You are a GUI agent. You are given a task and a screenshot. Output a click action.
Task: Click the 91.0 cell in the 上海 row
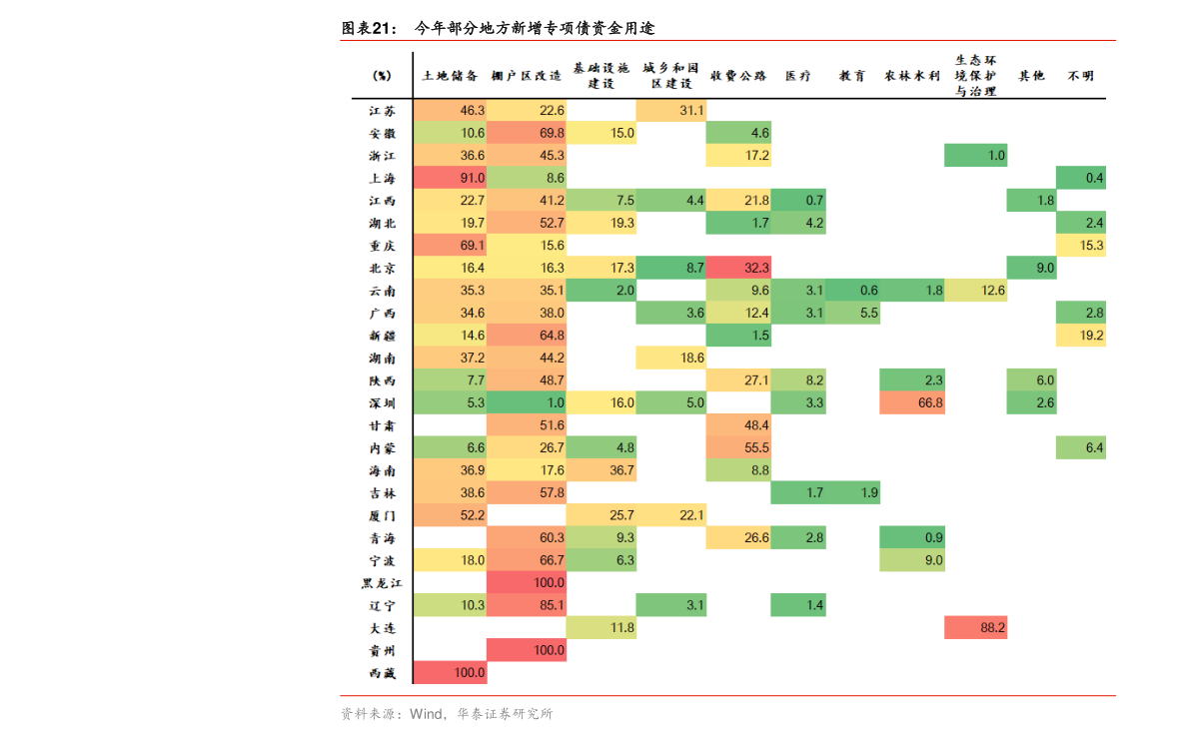click(x=450, y=178)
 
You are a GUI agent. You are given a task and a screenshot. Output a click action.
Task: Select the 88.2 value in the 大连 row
click(x=975, y=628)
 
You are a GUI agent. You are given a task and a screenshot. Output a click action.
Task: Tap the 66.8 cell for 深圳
click(x=911, y=403)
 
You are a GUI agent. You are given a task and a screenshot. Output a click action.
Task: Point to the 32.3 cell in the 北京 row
click(x=738, y=268)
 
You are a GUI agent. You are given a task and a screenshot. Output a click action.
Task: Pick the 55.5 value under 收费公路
click(x=738, y=448)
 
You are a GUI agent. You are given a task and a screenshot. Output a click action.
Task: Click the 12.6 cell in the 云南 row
click(x=975, y=291)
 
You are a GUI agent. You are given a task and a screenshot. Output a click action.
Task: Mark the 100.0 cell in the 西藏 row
click(x=450, y=673)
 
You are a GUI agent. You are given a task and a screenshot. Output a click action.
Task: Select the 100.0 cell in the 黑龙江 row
click(x=527, y=583)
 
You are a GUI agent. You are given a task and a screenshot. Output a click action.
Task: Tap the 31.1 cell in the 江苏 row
click(x=671, y=111)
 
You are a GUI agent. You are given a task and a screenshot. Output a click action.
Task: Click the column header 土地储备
click(x=450, y=76)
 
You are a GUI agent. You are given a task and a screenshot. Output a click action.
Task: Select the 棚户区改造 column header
click(x=527, y=76)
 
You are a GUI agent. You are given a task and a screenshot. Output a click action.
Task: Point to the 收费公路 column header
click(x=738, y=76)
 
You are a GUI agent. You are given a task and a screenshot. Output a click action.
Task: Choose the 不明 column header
click(x=1080, y=76)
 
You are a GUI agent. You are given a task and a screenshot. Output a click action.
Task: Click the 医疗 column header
click(x=798, y=76)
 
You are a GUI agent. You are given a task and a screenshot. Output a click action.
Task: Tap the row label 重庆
click(x=382, y=246)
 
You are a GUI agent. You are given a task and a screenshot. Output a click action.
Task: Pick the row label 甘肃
click(x=382, y=425)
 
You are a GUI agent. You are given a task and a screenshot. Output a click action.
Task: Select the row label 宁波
click(x=382, y=561)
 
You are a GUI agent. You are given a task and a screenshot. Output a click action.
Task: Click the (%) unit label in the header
click(x=382, y=76)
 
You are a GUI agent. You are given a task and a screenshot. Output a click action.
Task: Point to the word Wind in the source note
click(x=426, y=714)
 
